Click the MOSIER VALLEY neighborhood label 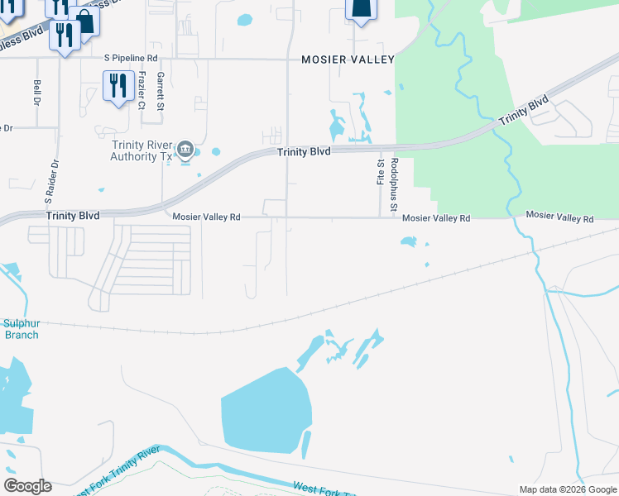[x=348, y=60]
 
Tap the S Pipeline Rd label [x=130, y=58]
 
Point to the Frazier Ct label [x=141, y=90]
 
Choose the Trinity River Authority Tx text [x=142, y=150]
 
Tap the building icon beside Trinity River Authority [x=186, y=150]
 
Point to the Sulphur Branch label [x=21, y=329]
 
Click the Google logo [x=27, y=486]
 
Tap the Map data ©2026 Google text [x=567, y=489]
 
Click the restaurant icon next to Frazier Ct [x=118, y=85]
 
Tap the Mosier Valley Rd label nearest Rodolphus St [x=436, y=218]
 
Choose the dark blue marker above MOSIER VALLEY [x=361, y=9]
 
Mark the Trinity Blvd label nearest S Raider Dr [x=73, y=215]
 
